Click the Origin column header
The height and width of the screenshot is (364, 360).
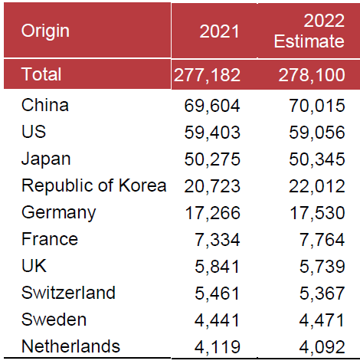[x=45, y=31]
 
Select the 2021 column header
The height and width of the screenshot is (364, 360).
[x=219, y=31]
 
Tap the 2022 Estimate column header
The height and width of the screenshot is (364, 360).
[x=309, y=31]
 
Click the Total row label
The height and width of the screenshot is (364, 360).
[x=41, y=74]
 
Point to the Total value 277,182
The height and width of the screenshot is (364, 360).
[x=208, y=75]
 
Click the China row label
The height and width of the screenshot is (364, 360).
[x=45, y=105]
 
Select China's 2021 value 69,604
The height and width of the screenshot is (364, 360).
[x=212, y=106]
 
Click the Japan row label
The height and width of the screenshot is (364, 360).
[x=46, y=159]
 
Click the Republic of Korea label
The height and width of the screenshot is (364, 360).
[x=93, y=185]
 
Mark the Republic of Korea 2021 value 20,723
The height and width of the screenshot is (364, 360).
[x=212, y=186]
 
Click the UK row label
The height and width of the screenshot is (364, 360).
[x=34, y=266]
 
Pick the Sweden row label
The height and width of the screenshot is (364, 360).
[x=54, y=320]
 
